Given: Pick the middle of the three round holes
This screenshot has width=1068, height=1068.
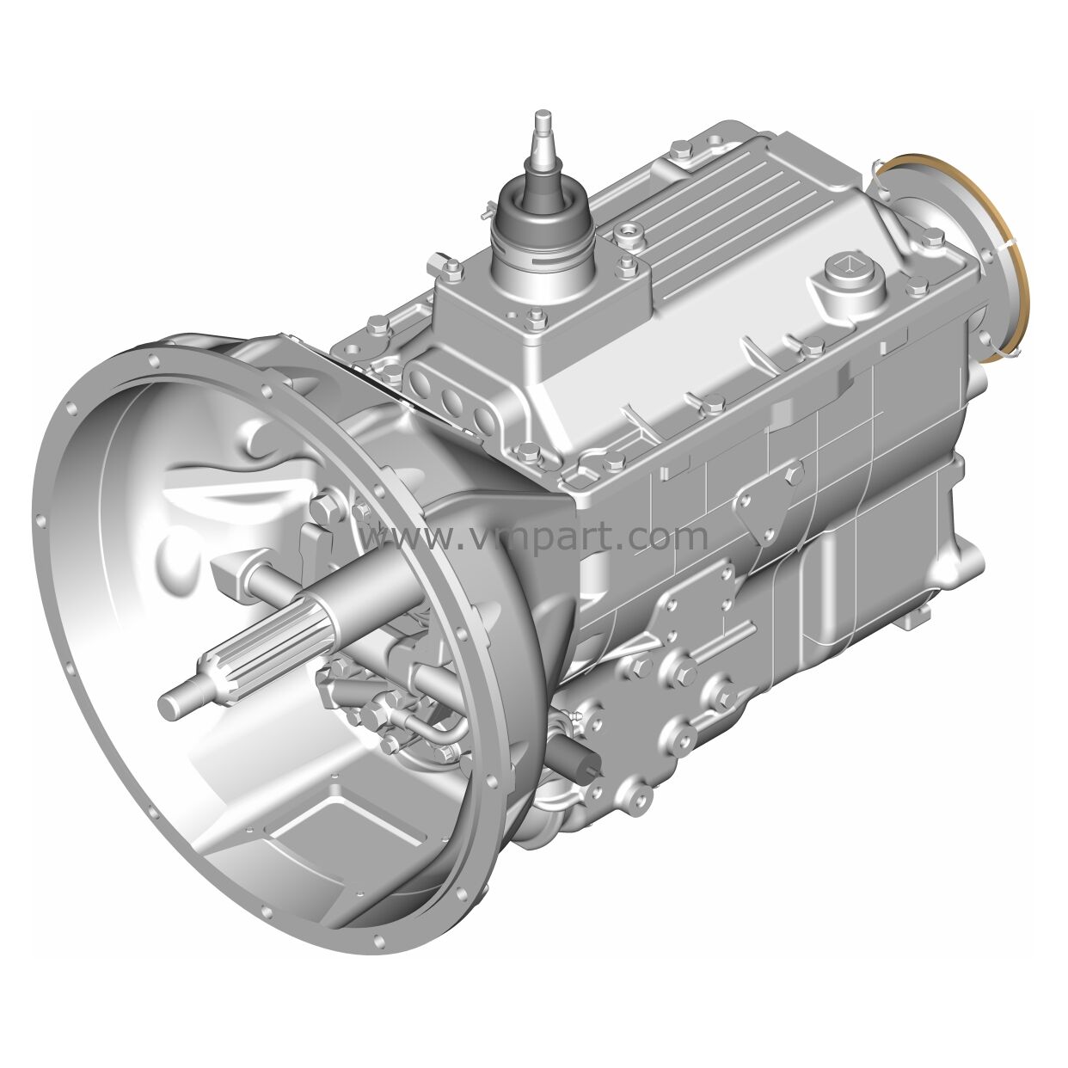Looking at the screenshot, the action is click(x=453, y=401).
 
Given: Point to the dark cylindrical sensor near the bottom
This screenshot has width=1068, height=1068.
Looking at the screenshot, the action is click(x=573, y=754).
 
